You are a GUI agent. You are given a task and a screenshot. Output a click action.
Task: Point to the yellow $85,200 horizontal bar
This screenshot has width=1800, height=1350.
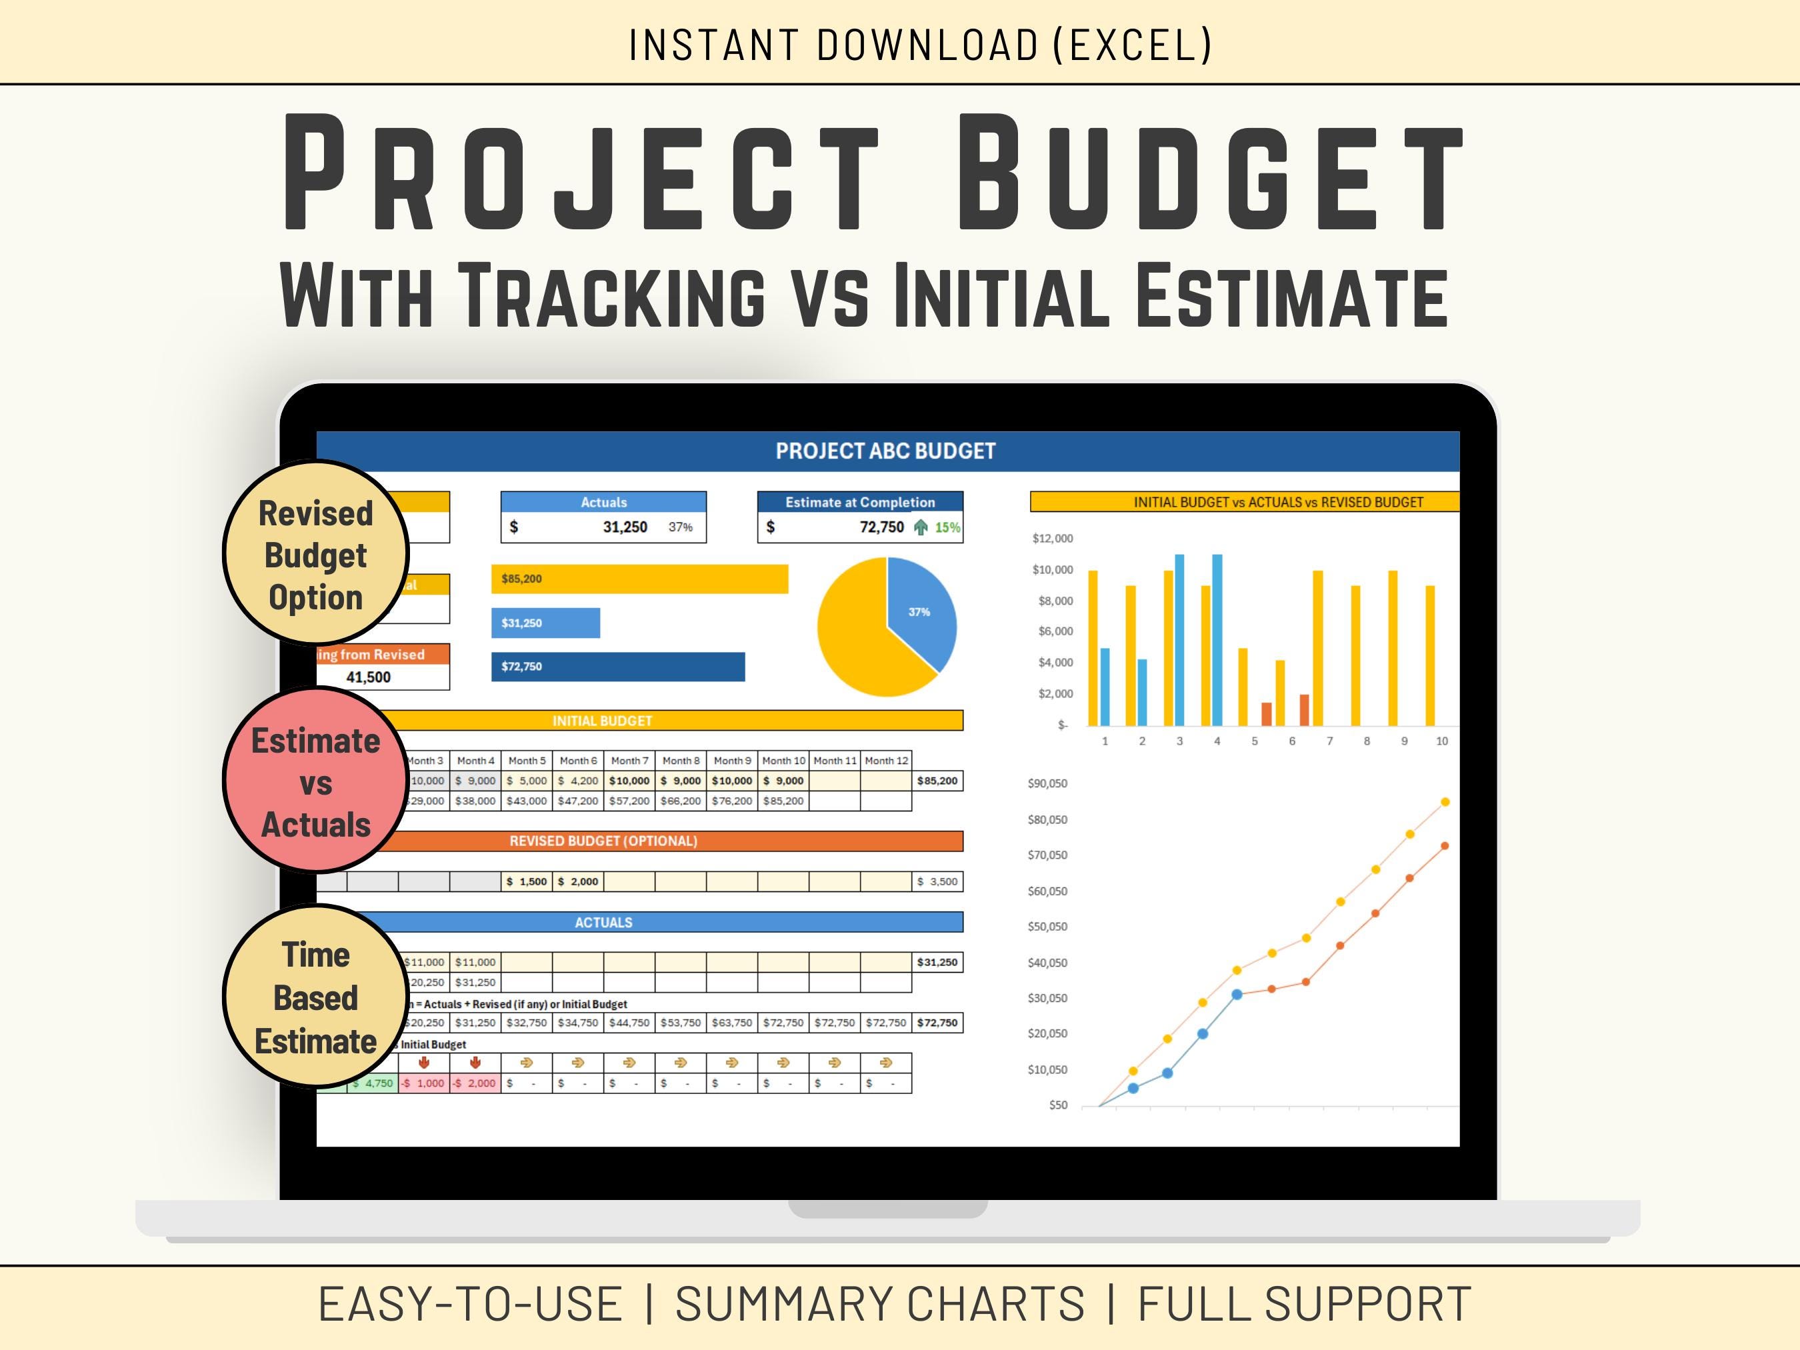point(639,579)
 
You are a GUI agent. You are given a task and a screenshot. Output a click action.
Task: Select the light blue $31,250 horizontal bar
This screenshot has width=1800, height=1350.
point(545,623)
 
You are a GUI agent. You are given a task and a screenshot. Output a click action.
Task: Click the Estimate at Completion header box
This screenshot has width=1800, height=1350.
point(859,502)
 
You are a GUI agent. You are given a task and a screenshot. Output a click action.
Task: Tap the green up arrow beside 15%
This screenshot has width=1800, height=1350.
point(921,527)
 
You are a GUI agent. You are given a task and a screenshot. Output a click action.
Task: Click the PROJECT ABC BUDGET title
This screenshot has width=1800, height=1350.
point(885,451)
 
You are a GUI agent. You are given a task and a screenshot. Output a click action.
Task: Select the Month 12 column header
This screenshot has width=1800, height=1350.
point(885,761)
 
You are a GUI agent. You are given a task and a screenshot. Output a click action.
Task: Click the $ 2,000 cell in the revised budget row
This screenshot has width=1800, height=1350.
point(578,881)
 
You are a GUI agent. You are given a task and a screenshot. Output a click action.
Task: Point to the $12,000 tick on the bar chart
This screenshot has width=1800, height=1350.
point(1052,539)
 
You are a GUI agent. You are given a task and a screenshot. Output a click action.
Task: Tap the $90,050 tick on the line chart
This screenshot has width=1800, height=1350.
point(1047,783)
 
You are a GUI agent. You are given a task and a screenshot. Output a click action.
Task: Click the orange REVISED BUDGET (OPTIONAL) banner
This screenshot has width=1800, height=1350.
point(603,841)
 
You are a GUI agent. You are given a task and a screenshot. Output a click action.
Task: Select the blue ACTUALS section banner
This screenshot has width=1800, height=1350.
point(603,922)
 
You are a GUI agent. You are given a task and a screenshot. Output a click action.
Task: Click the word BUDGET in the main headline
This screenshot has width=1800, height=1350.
point(1209,173)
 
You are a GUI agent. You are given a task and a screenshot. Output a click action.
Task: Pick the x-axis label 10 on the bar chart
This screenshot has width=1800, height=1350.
point(1441,741)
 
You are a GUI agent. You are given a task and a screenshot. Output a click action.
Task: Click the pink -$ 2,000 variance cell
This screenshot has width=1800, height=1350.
point(475,1083)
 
